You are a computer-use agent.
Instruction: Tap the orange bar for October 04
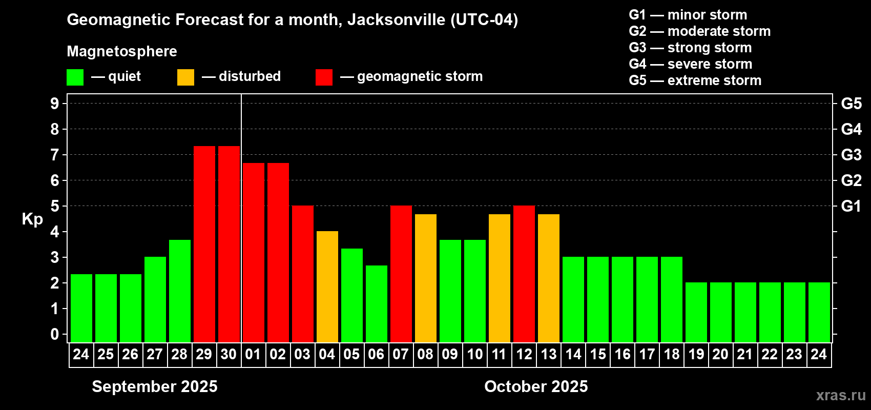pos(327,286)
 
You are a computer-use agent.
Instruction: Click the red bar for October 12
pos(524,274)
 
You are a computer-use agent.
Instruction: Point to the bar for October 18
pos(671,299)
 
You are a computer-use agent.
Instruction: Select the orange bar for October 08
pos(425,278)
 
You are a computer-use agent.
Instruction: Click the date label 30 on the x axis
pos(229,355)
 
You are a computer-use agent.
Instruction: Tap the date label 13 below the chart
pos(548,355)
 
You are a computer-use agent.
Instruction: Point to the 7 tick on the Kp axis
pos(55,155)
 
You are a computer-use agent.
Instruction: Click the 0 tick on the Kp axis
pos(55,335)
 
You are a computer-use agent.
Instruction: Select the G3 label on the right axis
pos(851,155)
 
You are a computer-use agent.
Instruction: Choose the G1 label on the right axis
pos(851,206)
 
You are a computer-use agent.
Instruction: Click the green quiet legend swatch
pos(75,77)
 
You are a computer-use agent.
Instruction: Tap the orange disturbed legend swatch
pos(185,77)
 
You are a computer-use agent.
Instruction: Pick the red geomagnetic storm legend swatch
pos(324,77)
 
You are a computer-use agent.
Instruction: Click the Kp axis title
pos(32,219)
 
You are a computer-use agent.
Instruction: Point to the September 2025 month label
pos(155,386)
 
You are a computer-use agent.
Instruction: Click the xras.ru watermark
pos(840,395)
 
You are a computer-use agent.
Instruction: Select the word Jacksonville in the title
pos(396,19)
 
